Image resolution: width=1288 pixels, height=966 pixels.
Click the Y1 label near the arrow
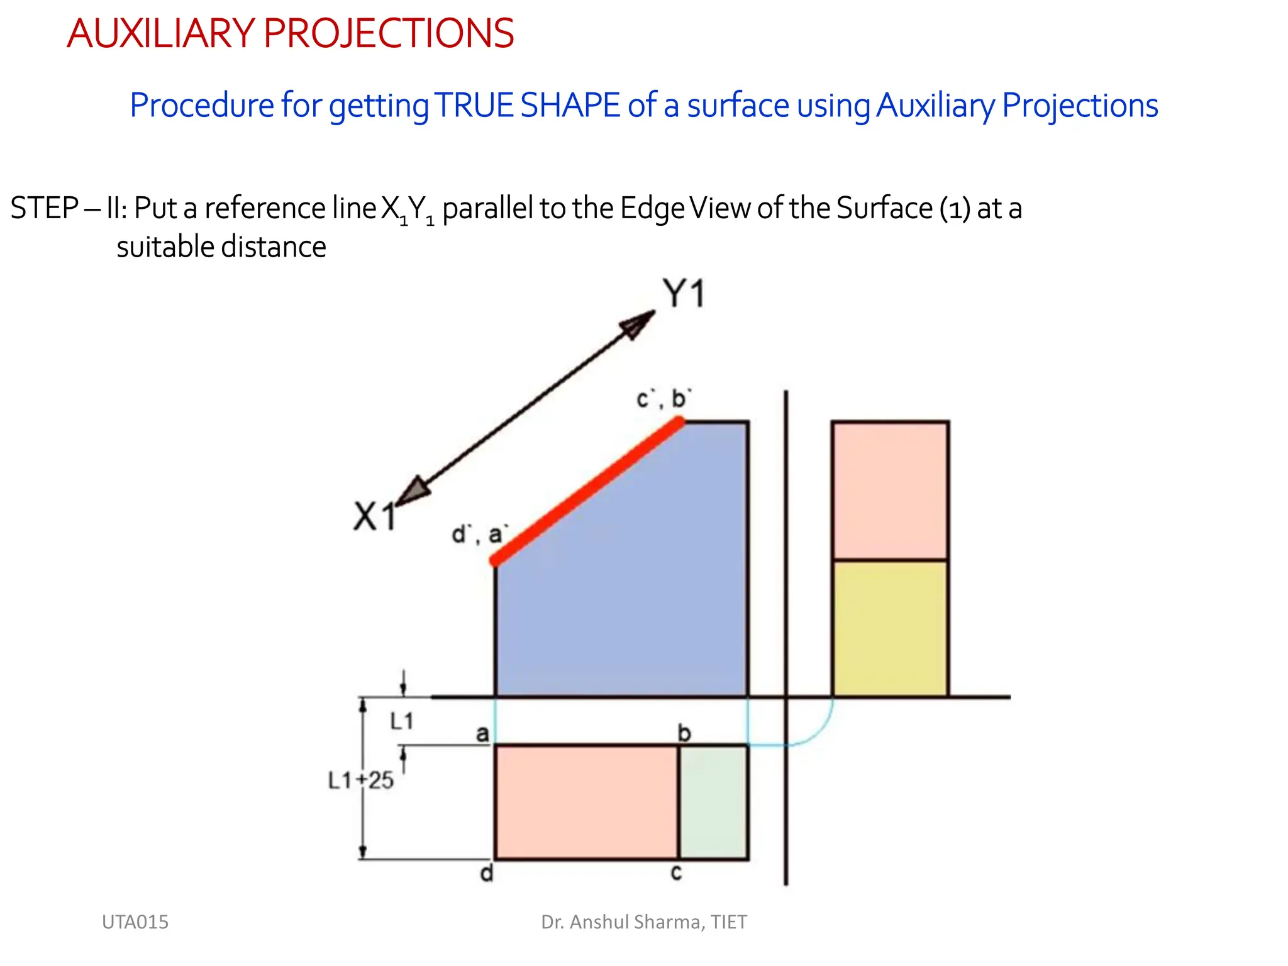pyautogui.click(x=684, y=294)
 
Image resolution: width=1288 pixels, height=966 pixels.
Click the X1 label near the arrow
pyautogui.click(x=375, y=516)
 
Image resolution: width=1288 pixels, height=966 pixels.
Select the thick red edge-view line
pyautogui.click(x=588, y=492)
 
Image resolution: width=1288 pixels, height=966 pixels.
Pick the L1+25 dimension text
pyautogui.click(x=360, y=780)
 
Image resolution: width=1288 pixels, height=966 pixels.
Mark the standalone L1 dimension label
pyautogui.click(x=402, y=721)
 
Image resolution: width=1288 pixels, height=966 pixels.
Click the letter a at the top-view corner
pyautogui.click(x=482, y=733)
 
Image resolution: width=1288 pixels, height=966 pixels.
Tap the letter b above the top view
pyautogui.click(x=684, y=733)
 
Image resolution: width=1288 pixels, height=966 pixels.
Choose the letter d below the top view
pyautogui.click(x=487, y=874)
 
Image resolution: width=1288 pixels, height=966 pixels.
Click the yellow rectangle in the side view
pyautogui.click(x=890, y=628)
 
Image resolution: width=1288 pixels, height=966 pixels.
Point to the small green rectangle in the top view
pyautogui.click(x=714, y=802)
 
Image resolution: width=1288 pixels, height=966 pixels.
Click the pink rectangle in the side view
pyautogui.click(x=890, y=490)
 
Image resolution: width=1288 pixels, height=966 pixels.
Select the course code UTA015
pyautogui.click(x=135, y=922)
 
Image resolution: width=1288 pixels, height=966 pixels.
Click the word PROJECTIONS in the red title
pyautogui.click(x=389, y=33)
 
